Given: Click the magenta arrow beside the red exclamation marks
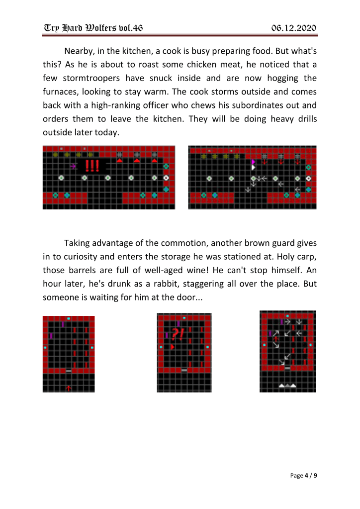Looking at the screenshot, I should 73,166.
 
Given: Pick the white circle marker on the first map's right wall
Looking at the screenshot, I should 166,178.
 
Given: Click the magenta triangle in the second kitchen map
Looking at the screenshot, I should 253,162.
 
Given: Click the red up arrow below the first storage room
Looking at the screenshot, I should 69,387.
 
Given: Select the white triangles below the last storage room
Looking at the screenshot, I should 287,386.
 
